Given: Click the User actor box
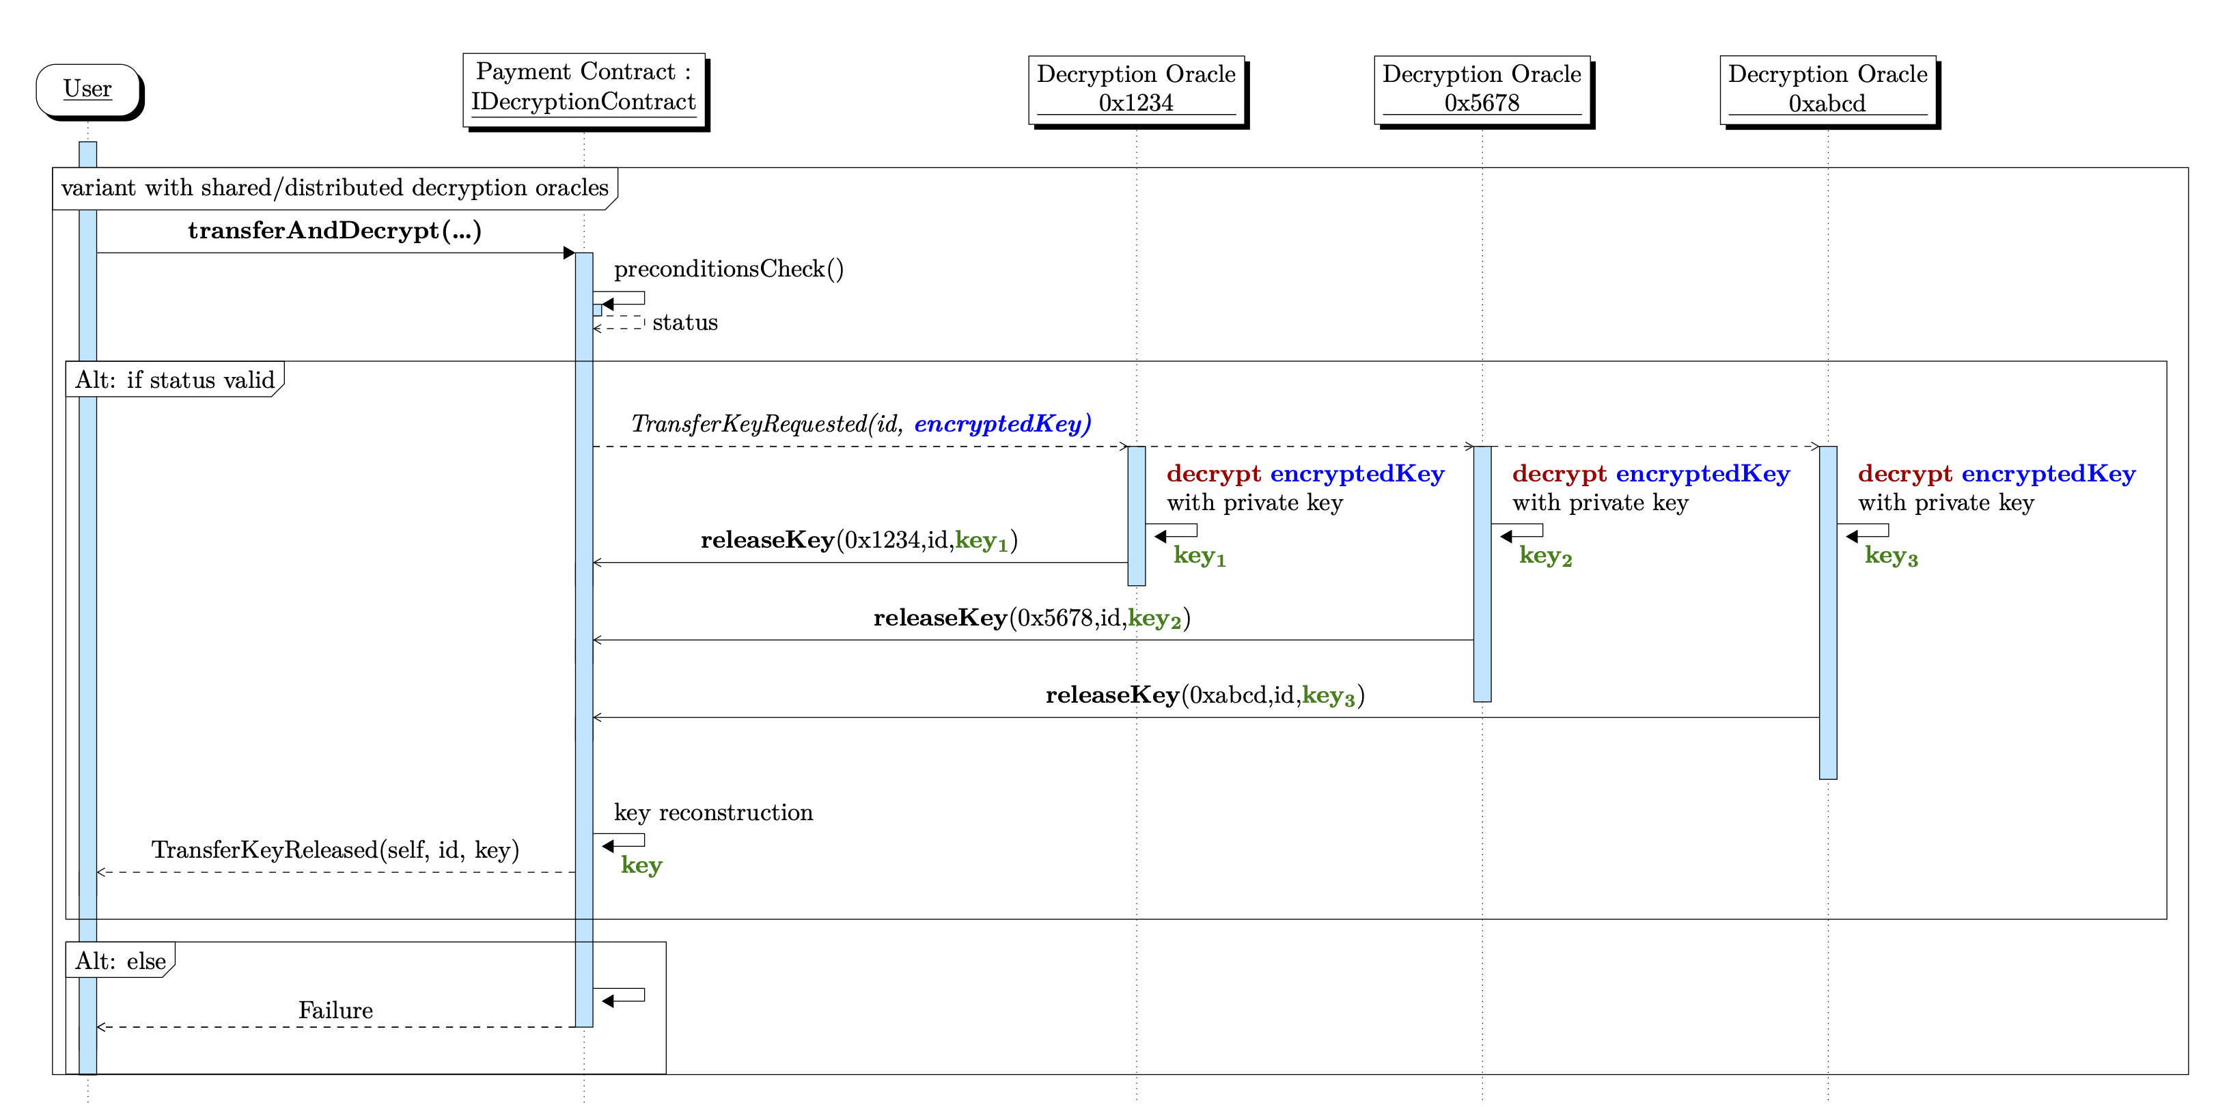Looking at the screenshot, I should point(87,89).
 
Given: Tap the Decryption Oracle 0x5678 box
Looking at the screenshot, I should point(1482,89).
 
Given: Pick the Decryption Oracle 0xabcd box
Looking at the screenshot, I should point(1827,89).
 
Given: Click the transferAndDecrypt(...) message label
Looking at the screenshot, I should point(335,231).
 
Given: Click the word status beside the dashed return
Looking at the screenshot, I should point(684,322).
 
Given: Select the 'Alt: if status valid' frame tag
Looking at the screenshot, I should point(175,380).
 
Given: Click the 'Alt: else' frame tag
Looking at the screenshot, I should point(120,961).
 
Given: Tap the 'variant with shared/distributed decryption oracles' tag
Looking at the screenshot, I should point(335,188).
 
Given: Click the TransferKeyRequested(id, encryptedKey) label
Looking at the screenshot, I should point(860,423).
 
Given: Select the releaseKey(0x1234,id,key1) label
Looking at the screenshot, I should point(859,540).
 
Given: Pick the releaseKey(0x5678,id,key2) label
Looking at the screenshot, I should point(1031,617).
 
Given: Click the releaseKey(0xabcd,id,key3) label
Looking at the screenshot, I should point(1204,695).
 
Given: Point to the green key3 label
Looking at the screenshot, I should point(1890,556).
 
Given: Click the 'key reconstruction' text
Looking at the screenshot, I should point(713,813).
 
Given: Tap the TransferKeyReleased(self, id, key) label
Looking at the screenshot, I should point(335,850).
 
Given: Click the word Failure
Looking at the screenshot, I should point(335,1010).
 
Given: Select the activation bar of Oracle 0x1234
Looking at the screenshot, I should point(1137,516).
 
